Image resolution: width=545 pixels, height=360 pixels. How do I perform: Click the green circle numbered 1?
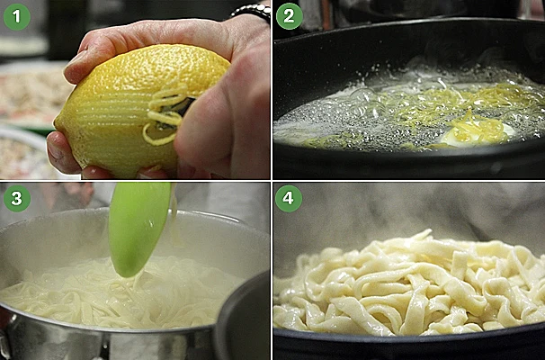17,16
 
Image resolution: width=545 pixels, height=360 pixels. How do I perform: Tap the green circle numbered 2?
290,16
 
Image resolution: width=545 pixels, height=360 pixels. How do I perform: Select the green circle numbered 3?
17,198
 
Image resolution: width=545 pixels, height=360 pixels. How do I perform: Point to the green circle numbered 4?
289,198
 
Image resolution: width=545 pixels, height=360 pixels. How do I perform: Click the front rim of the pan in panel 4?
409,344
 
